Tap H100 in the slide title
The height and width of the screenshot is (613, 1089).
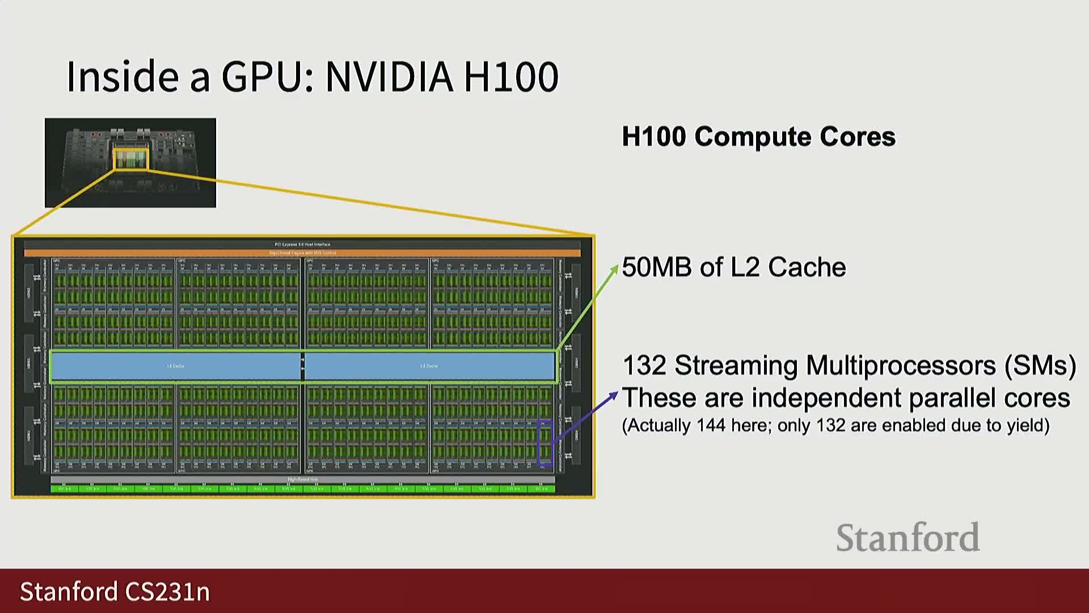click(x=510, y=77)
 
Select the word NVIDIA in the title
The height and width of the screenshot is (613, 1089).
click(x=389, y=77)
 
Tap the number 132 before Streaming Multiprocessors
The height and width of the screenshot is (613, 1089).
click(x=644, y=366)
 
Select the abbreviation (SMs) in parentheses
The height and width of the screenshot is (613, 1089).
click(x=1040, y=366)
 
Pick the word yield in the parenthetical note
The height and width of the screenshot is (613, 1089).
click(x=1024, y=426)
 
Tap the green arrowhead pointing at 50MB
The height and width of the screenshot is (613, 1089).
click(x=614, y=268)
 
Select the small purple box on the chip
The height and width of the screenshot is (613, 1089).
click(x=544, y=443)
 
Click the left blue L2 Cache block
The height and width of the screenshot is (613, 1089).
click(x=175, y=366)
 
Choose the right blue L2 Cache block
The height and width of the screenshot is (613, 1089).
click(x=429, y=366)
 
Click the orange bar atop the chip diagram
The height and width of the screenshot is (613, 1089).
click(x=302, y=253)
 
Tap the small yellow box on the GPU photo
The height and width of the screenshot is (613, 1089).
click(x=130, y=159)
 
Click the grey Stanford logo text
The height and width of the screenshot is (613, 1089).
click(x=907, y=538)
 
